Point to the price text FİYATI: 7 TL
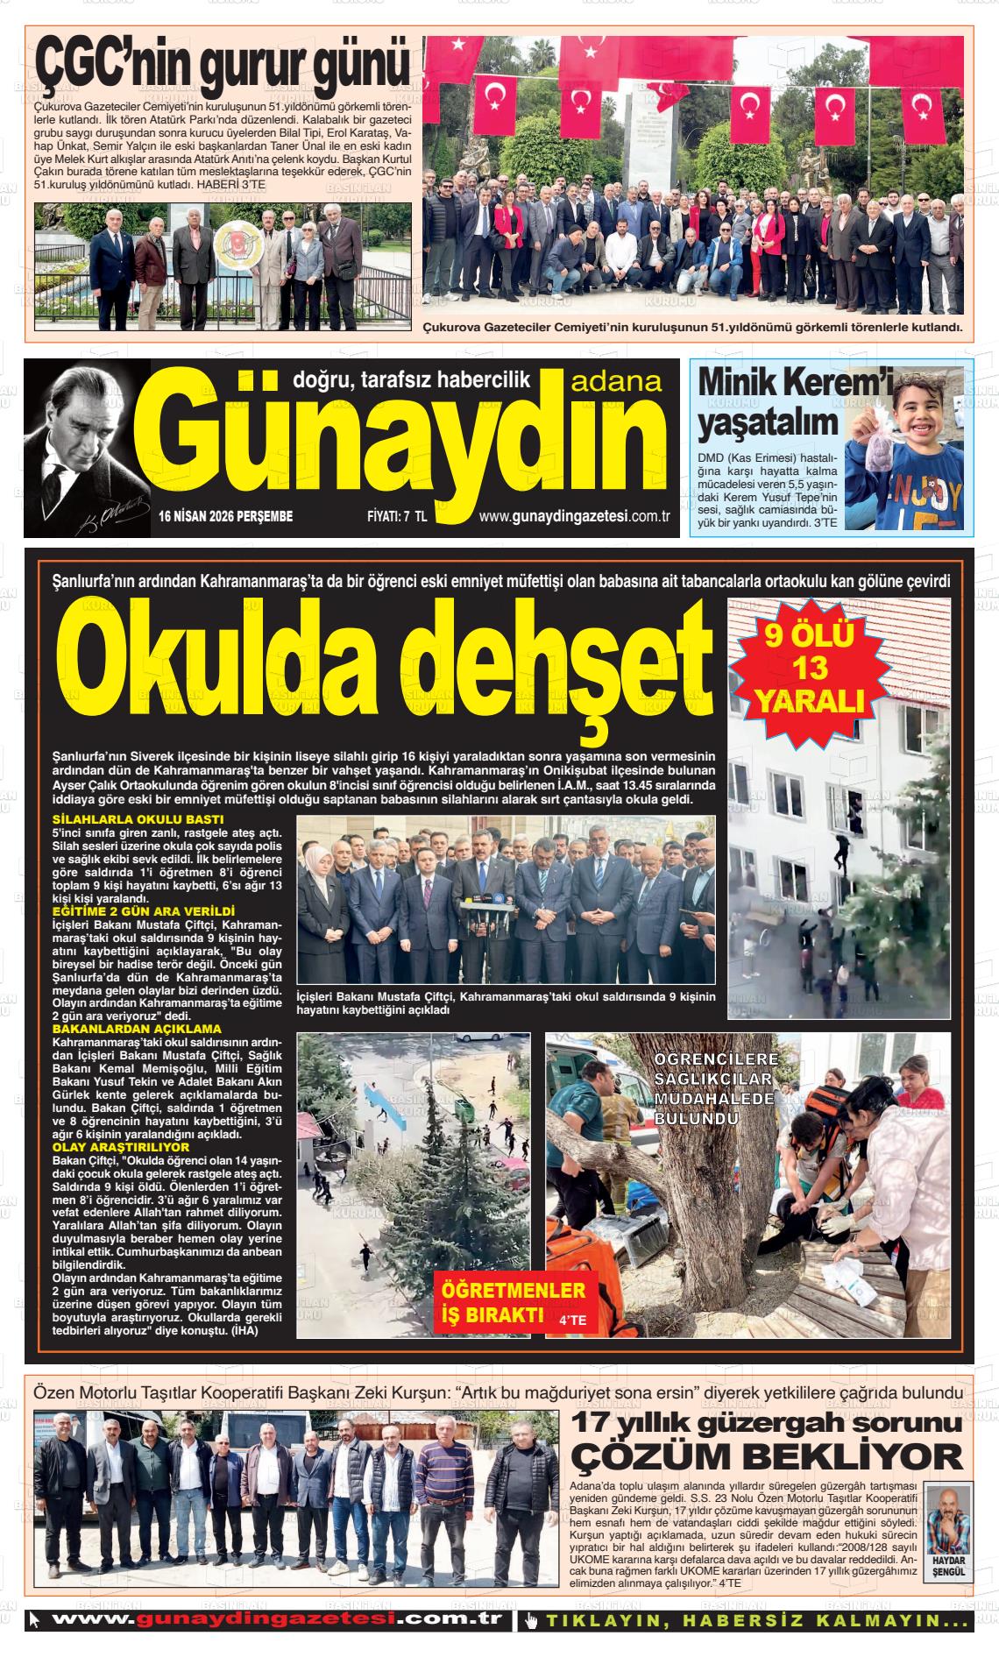[x=396, y=517]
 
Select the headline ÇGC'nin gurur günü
[x=223, y=66]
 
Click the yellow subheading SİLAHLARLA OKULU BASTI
[x=127, y=819]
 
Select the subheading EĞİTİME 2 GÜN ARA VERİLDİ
[x=144, y=912]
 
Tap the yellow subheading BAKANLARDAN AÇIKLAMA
[x=137, y=1029]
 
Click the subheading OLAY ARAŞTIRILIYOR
[x=121, y=1146]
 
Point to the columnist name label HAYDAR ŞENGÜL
[x=948, y=1567]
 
